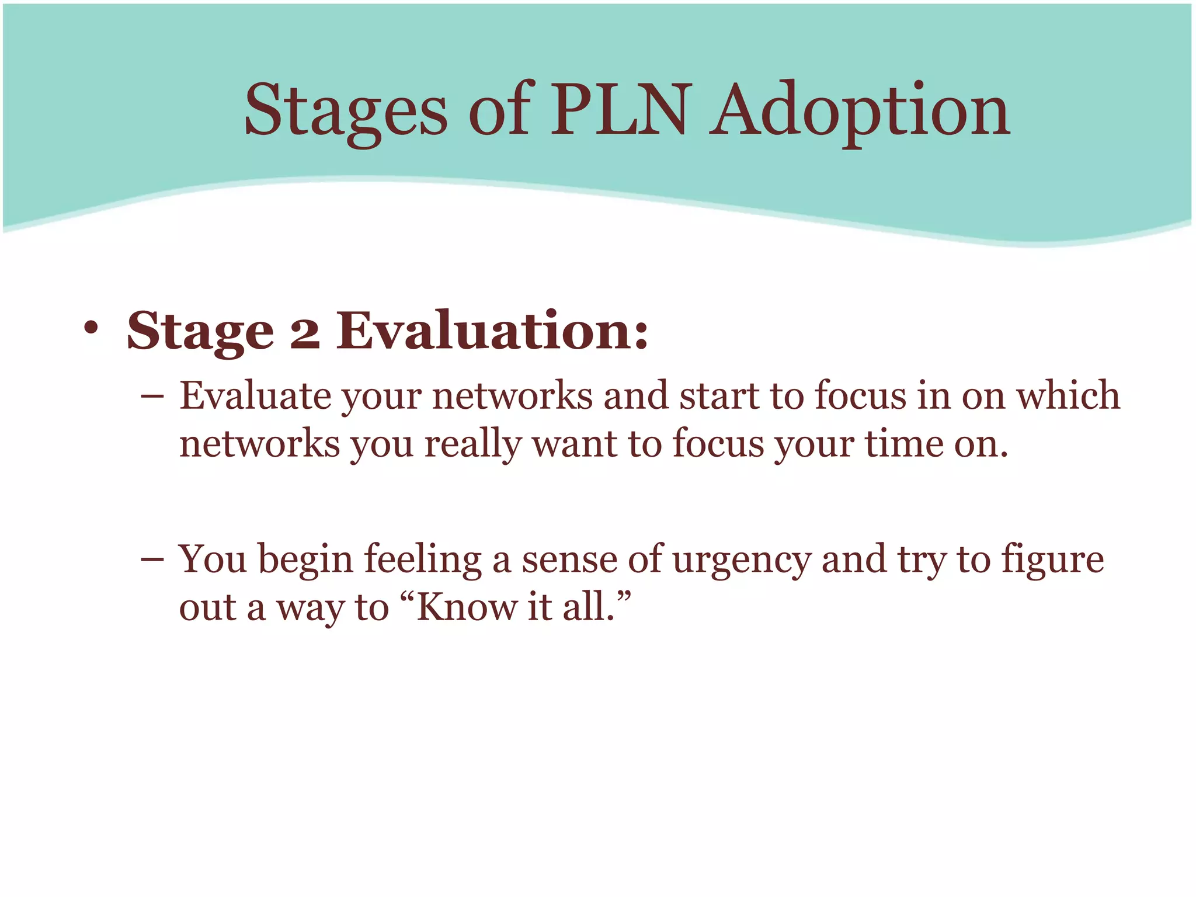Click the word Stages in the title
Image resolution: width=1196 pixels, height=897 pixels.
[x=345, y=111]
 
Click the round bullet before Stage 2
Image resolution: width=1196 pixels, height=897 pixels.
[x=91, y=329]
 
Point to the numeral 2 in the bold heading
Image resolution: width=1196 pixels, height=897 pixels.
[x=305, y=332]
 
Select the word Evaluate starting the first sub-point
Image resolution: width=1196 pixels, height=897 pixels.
[x=255, y=396]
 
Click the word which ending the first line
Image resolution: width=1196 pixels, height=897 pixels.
[x=1068, y=396]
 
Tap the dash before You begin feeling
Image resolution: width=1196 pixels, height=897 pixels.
[x=152, y=560]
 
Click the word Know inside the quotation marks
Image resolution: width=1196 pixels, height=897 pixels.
[x=467, y=607]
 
